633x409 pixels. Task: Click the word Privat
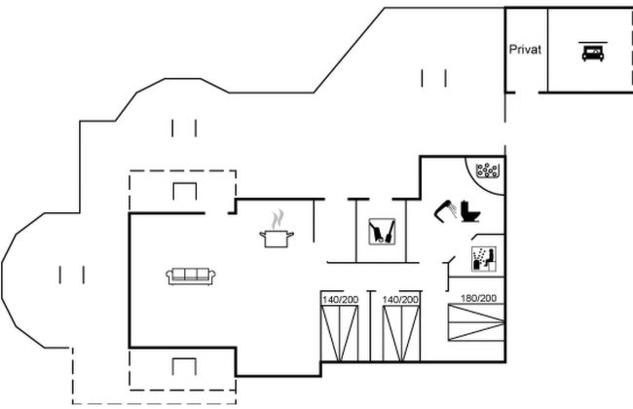click(x=525, y=50)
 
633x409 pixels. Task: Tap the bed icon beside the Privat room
click(x=593, y=52)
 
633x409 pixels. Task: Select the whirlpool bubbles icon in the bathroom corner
click(x=487, y=170)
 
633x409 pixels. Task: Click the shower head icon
click(x=445, y=210)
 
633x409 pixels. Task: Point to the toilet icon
click(x=470, y=211)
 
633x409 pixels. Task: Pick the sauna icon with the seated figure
click(x=484, y=259)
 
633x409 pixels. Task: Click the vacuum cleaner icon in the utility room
click(x=382, y=232)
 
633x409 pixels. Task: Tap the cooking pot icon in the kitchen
click(x=277, y=239)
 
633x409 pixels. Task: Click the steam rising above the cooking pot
click(x=278, y=219)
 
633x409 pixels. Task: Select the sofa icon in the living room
click(x=191, y=277)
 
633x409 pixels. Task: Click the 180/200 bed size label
click(x=478, y=298)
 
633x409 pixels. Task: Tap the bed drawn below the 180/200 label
click(x=476, y=322)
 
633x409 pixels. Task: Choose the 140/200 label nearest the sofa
click(x=340, y=300)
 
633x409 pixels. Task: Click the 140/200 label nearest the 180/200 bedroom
click(x=400, y=300)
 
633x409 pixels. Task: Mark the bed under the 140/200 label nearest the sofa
click(x=340, y=333)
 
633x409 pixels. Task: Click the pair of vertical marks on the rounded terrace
click(x=72, y=275)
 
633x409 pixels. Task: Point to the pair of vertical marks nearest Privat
click(x=434, y=78)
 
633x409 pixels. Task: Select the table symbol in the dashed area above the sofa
click(x=185, y=192)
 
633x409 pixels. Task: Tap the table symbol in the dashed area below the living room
click(x=184, y=366)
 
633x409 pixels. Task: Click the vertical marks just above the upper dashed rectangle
click(x=184, y=128)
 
